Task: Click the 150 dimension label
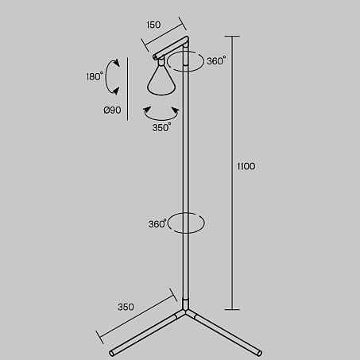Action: [153, 25]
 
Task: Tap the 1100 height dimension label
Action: [246, 166]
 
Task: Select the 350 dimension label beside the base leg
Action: [126, 307]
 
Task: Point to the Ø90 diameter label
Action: [112, 110]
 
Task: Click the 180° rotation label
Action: [95, 76]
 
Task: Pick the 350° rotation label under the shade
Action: [161, 127]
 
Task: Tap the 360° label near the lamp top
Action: [216, 61]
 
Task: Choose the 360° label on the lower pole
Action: [157, 224]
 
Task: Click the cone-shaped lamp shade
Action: [161, 80]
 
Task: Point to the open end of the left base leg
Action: [112, 353]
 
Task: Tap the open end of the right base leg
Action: [259, 353]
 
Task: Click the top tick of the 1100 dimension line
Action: [232, 36]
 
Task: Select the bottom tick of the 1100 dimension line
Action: [232, 309]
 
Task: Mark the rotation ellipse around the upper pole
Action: [185, 71]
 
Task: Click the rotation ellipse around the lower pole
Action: [185, 233]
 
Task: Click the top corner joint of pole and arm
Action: [187, 39]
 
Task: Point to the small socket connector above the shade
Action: [161, 62]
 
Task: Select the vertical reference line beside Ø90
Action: [128, 89]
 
